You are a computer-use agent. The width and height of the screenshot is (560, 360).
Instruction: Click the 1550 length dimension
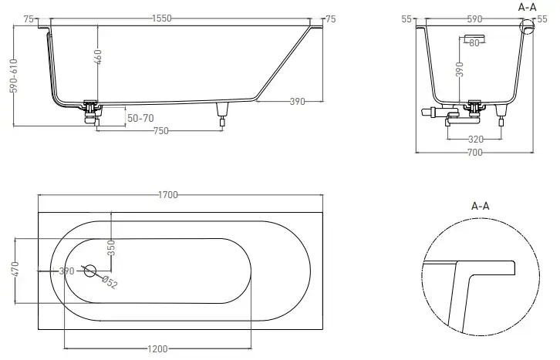pos(162,19)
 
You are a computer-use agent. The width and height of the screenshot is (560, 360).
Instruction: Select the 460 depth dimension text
pos(98,57)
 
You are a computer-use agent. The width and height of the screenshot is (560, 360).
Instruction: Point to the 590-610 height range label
pos(14,76)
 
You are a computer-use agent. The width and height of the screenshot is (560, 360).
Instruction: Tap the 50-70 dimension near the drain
pos(140,118)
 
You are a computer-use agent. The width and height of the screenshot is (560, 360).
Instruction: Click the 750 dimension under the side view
pos(160,131)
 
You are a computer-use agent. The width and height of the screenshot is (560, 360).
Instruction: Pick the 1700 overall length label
pos(168,195)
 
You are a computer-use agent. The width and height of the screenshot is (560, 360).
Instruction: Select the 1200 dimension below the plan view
pos(157,348)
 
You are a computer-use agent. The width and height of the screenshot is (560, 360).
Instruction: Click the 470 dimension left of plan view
pos(15,269)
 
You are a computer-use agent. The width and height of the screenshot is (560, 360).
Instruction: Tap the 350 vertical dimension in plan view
pos(111,247)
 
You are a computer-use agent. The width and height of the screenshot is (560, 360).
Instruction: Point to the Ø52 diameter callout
pos(110,283)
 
